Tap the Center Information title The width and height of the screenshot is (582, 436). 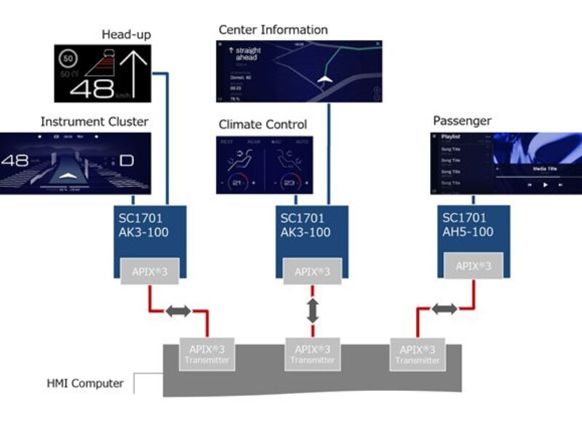273,30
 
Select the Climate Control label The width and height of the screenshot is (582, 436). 263,124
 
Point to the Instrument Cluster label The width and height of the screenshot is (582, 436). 94,121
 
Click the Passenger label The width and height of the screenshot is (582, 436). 462,121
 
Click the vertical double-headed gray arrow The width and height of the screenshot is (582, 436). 312,310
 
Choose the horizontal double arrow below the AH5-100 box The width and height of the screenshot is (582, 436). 445,310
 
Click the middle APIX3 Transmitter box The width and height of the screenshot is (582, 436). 313,354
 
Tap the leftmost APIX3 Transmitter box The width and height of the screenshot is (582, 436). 207,354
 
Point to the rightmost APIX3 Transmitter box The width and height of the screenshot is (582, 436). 418,354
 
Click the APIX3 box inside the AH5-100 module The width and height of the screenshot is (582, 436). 474,266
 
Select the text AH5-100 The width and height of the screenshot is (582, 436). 468,232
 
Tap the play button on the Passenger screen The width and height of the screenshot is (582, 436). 545,185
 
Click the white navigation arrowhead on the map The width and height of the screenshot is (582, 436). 324,78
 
